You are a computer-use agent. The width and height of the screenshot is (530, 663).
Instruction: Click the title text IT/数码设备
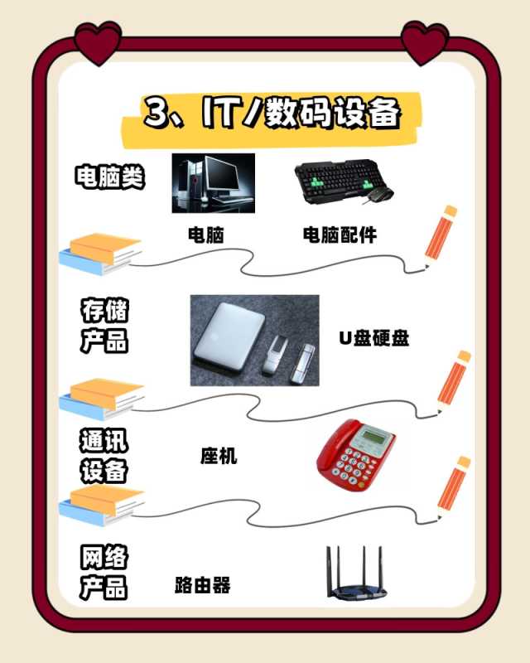pos(301,113)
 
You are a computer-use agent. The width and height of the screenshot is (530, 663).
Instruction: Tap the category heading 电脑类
pos(110,177)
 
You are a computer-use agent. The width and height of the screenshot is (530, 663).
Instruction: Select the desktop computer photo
pos(214,183)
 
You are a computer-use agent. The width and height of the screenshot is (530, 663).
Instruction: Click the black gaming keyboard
pos(337,180)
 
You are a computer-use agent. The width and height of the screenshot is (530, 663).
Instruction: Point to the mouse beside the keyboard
pos(379,195)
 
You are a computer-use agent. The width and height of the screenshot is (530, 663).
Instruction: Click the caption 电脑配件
pos(340,235)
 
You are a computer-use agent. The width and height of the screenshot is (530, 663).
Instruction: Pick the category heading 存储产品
pos(104,326)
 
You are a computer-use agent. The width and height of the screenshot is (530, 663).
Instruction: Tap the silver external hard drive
pos(229,336)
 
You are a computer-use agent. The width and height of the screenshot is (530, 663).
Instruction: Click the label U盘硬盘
pos(374,338)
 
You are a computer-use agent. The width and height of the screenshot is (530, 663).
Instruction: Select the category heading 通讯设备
pos(104,455)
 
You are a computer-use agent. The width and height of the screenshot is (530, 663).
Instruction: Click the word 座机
pos(219,456)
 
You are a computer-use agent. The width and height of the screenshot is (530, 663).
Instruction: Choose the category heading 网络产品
pos(104,572)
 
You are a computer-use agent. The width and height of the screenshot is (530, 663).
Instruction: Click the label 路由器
pos(203,585)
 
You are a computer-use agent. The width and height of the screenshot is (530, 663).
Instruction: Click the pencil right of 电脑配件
pos(441,238)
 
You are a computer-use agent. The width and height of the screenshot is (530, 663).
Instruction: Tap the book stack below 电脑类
pos(100,254)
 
